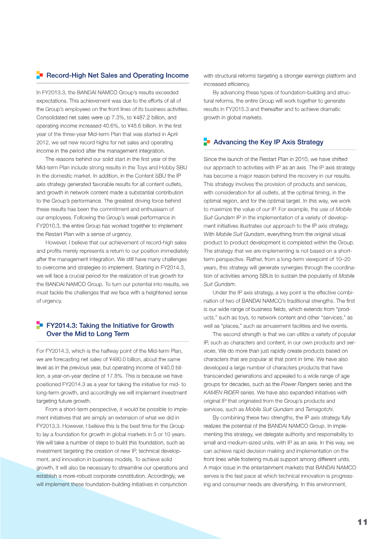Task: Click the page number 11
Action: [x=362, y=522]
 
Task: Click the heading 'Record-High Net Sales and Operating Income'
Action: [x=117, y=75]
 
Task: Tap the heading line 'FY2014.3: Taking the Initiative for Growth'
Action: [x=110, y=325]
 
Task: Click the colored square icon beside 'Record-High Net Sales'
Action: [x=40, y=75]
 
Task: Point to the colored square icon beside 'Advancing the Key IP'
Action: [x=207, y=142]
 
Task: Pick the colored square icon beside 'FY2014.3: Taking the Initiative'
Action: [x=40, y=325]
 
